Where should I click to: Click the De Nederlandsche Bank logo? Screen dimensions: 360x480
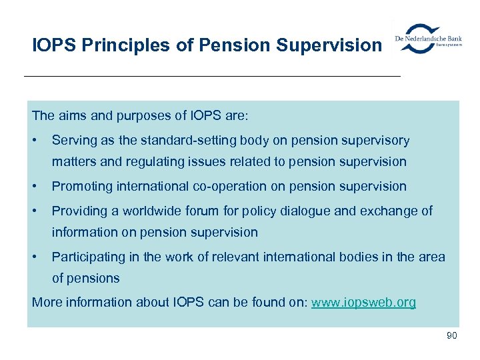click(429, 39)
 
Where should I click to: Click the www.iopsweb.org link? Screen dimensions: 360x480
click(363, 302)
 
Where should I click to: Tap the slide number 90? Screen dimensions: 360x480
click(451, 335)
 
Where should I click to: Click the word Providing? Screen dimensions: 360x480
click(78, 211)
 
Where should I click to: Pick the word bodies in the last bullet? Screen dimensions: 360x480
click(369, 257)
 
